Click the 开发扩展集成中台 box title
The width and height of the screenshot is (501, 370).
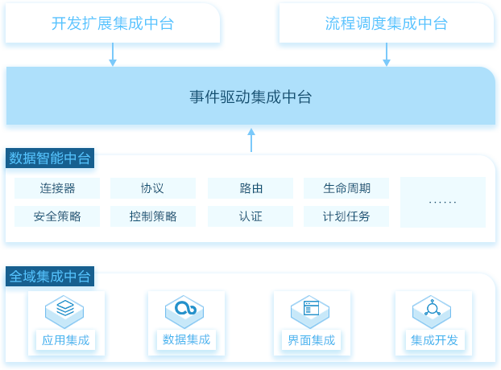[113, 23]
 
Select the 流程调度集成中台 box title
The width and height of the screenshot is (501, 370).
[387, 23]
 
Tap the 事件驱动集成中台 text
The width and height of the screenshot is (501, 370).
[250, 97]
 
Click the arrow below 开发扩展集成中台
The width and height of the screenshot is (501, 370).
[113, 55]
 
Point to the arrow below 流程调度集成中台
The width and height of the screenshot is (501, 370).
[387, 55]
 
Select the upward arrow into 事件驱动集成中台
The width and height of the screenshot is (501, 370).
[251, 140]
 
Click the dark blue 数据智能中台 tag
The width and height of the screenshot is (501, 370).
[50, 158]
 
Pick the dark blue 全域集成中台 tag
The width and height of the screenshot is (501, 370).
[50, 276]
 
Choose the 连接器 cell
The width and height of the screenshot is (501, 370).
[57, 188]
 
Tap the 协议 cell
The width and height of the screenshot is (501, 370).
[153, 188]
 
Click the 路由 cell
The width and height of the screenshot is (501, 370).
[250, 188]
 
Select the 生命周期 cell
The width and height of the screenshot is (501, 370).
[346, 188]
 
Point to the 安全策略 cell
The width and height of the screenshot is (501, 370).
[57, 216]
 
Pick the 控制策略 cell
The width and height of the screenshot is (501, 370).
[153, 216]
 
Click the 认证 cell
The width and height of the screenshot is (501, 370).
[250, 216]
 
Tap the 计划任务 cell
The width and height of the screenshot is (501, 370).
[346, 216]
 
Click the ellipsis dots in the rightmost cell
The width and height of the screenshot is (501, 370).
[442, 202]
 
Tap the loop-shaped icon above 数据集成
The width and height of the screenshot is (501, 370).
[185, 307]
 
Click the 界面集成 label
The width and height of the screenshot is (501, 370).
[311, 340]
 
